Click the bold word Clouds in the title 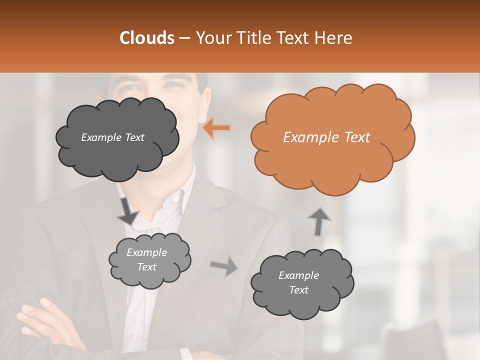tap(147, 38)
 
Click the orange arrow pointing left tap(216, 128)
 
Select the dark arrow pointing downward tap(127, 210)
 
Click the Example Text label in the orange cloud tap(326, 137)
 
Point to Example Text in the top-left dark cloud tap(112, 137)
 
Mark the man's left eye tap(173, 85)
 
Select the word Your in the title tap(212, 38)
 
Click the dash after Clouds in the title tap(184, 38)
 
